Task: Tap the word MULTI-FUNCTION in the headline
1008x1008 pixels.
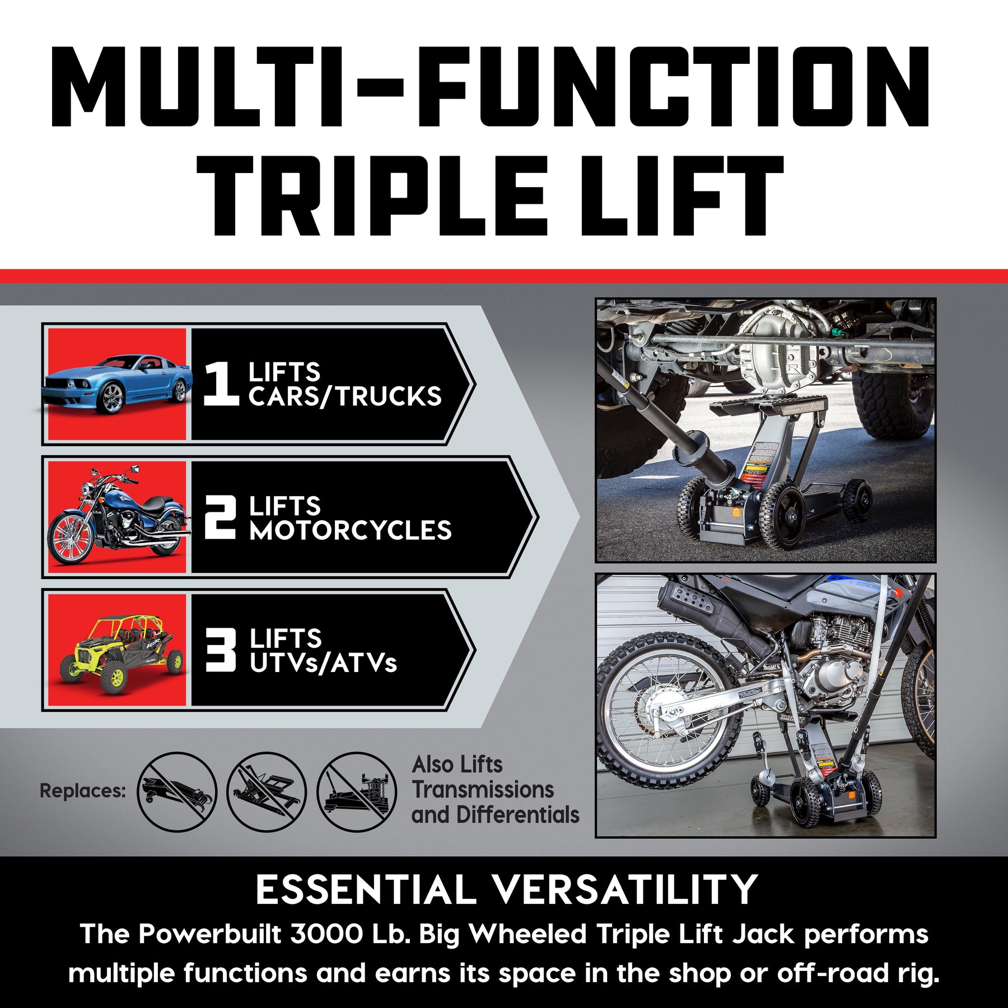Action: point(490,87)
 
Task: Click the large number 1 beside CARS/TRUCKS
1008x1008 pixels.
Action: point(220,384)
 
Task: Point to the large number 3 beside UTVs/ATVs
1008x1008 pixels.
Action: point(220,650)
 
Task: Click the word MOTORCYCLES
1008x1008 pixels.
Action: point(351,531)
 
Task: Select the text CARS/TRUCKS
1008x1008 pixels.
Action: point(345,397)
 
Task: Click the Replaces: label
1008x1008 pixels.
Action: point(83,791)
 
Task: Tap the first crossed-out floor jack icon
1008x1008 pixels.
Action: point(177,791)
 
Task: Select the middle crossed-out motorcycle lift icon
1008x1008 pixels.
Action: point(267,791)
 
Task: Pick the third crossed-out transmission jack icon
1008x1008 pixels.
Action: point(357,791)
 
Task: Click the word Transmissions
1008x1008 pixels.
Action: point(483,790)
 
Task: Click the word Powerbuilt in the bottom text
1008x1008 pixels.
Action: point(210,934)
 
